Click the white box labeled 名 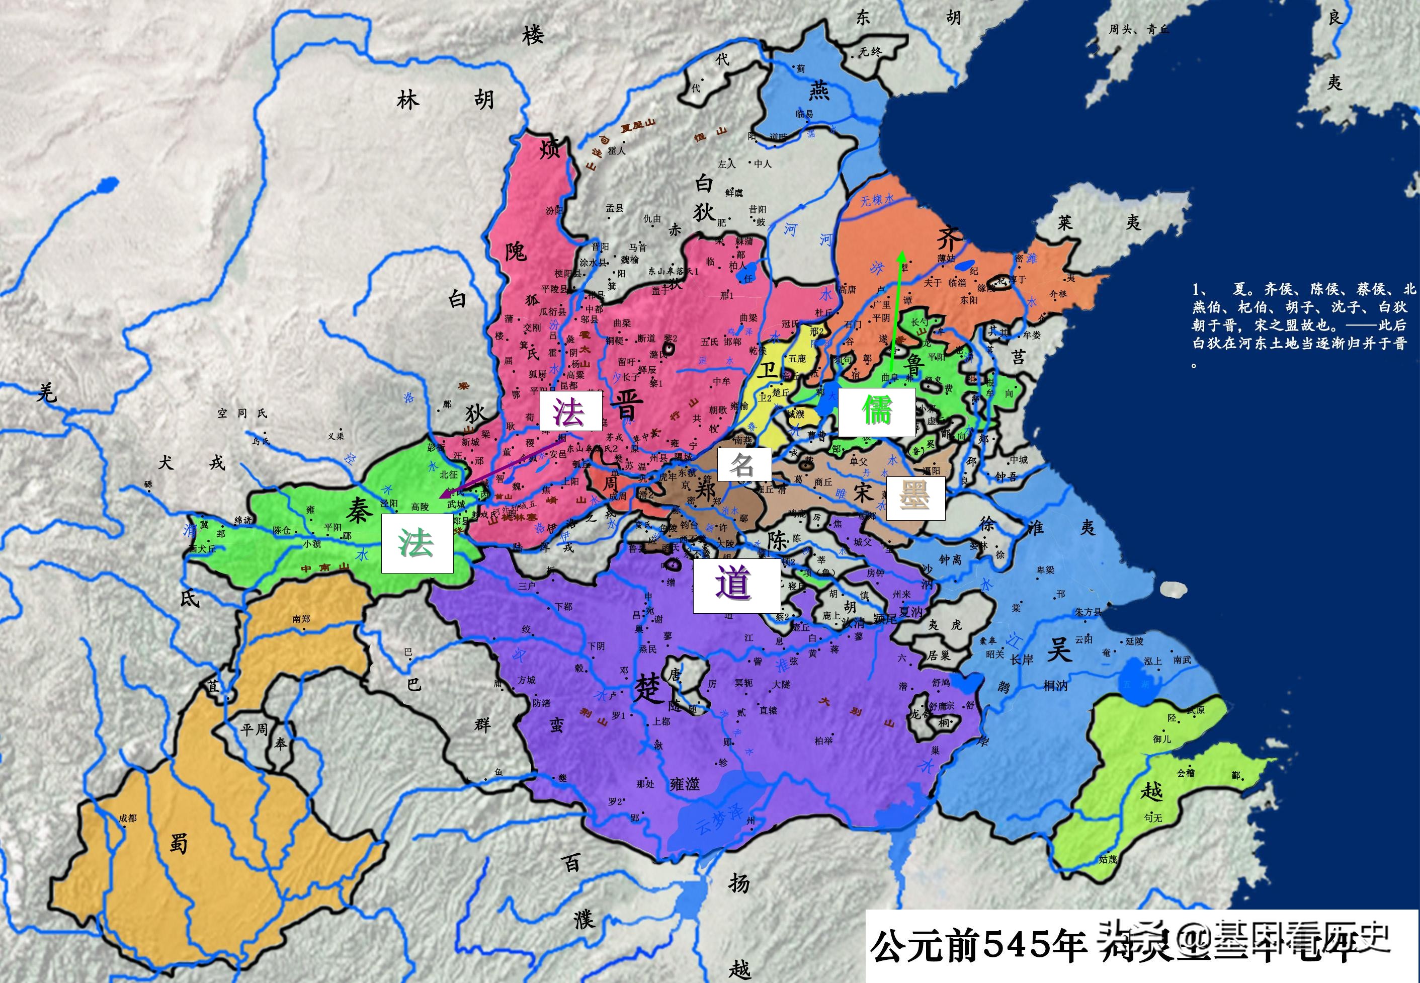pos(744,464)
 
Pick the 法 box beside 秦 pos(417,543)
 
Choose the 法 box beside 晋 pos(570,412)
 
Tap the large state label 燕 pos(818,91)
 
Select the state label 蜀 pos(179,842)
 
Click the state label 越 pos(1151,791)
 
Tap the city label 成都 pos(127,818)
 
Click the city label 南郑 pos(301,618)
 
